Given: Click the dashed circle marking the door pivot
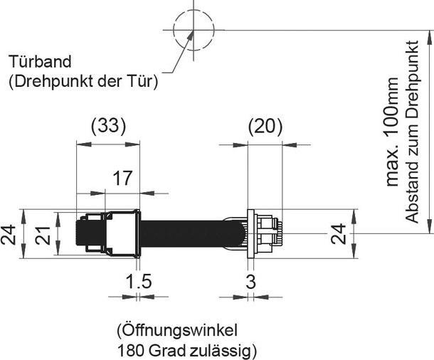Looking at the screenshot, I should click(x=193, y=30).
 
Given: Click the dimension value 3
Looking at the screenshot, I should click(x=250, y=281).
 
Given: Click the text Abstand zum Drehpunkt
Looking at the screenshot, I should click(x=412, y=131).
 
